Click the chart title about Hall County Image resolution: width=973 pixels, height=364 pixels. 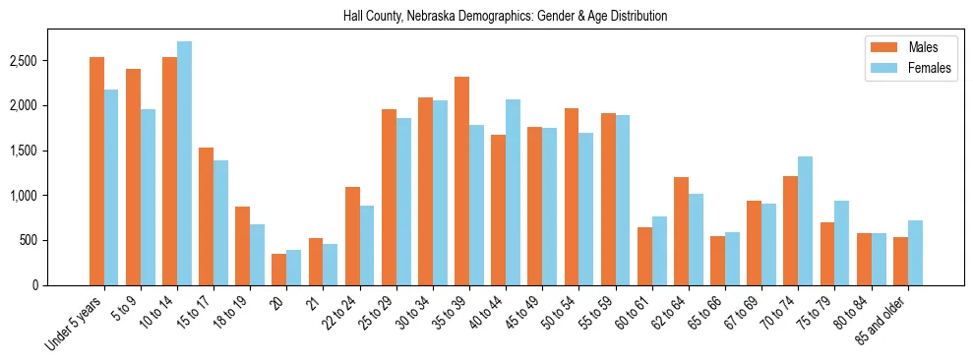click(505, 17)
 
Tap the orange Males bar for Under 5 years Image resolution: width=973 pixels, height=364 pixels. click(96, 171)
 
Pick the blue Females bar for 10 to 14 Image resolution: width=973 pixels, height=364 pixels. click(185, 163)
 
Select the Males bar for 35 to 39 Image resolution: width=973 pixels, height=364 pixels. click(461, 181)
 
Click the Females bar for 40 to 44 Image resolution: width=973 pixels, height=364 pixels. click(513, 192)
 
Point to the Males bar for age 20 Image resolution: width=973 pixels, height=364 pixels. click(279, 270)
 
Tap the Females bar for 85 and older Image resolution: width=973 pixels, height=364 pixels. click(915, 253)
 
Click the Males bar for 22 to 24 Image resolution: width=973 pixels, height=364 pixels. click(352, 236)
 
